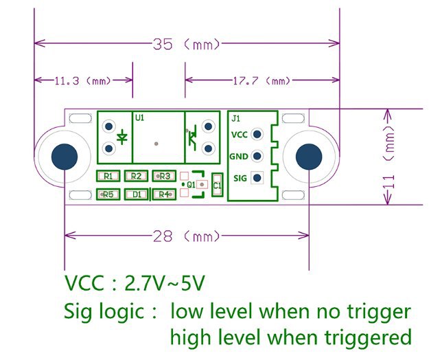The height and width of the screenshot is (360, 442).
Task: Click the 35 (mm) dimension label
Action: click(x=186, y=44)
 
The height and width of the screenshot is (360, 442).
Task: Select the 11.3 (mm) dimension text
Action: click(x=83, y=81)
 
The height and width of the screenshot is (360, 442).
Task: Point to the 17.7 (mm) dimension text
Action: click(x=261, y=81)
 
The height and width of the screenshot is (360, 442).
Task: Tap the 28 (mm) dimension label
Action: click(x=186, y=236)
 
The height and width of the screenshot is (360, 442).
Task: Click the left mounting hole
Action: click(x=65, y=157)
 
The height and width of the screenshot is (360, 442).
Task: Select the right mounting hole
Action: click(x=309, y=157)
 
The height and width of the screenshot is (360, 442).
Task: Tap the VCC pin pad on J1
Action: click(x=257, y=134)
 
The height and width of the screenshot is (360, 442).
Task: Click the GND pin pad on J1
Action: click(x=257, y=156)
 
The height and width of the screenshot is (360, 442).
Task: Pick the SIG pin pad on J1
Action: click(x=257, y=178)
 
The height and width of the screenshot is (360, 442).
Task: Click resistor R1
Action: click(x=108, y=176)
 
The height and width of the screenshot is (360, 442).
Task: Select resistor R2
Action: click(x=136, y=176)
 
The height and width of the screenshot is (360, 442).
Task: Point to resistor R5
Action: click(x=108, y=194)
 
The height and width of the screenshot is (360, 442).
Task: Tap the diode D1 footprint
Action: click(x=137, y=194)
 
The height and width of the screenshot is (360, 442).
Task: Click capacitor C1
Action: click(x=218, y=185)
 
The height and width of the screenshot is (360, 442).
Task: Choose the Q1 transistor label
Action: click(x=191, y=185)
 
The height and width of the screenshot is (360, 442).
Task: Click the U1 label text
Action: click(x=140, y=117)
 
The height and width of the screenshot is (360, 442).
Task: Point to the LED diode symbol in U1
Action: click(x=122, y=137)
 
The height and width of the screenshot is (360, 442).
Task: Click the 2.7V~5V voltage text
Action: click(x=164, y=283)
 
